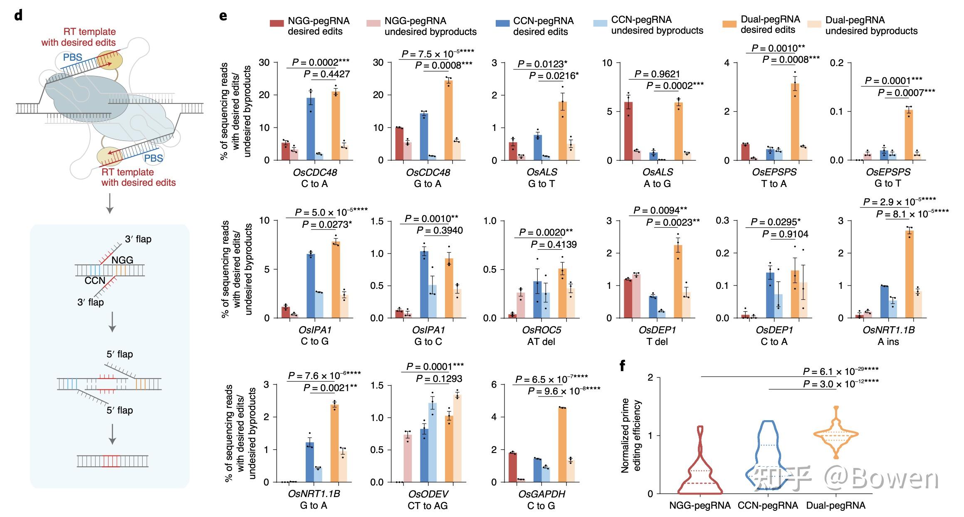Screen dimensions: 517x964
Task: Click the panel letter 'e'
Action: (223, 16)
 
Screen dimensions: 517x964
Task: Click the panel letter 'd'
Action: (18, 16)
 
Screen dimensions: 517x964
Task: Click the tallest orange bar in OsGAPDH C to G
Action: (562, 445)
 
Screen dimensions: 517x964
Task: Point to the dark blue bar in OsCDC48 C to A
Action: (311, 129)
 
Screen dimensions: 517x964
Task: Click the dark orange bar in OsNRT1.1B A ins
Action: (910, 274)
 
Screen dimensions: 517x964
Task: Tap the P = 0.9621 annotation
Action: (657, 74)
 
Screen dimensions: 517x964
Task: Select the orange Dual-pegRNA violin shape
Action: (836, 434)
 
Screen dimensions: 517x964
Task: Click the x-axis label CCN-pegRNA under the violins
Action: (768, 506)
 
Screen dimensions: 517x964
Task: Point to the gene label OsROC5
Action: (541, 330)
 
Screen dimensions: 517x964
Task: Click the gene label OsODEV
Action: (428, 494)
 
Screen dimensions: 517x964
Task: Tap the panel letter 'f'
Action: (622, 366)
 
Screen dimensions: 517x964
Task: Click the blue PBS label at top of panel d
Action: (73, 57)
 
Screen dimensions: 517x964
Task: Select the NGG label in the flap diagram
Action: (122, 260)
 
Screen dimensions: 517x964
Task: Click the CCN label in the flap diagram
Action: (95, 281)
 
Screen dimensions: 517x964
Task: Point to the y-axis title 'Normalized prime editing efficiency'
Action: (631, 436)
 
